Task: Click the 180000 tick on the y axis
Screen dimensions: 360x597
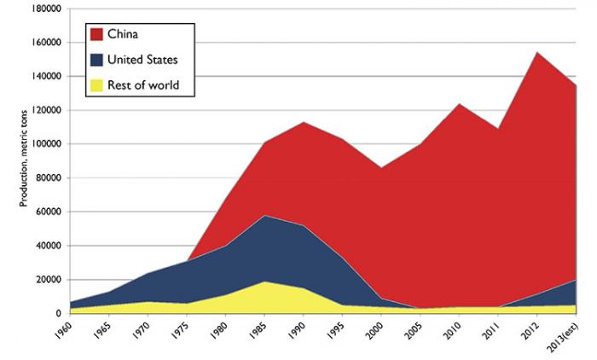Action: click(x=40, y=8)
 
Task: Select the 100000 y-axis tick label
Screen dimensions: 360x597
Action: click(x=40, y=143)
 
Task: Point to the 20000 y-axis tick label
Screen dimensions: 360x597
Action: click(x=43, y=280)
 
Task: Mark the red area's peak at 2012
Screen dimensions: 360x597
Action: click(x=536, y=52)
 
